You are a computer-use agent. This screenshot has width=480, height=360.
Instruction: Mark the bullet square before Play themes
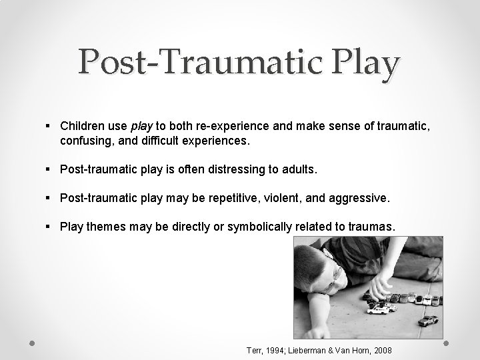click(x=51, y=227)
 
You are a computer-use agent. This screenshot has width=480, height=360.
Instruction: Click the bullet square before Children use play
click(x=51, y=125)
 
